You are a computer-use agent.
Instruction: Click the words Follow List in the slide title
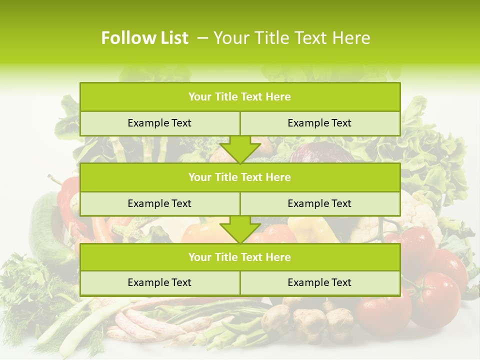[144, 38]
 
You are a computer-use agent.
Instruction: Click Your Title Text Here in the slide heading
[291, 38]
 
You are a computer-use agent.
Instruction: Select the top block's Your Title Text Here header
[239, 97]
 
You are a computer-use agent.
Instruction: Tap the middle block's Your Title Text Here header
[239, 177]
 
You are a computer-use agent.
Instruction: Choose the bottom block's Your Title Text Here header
[239, 257]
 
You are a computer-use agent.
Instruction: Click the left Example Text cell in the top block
[159, 123]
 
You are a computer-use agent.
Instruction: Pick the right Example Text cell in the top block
[319, 123]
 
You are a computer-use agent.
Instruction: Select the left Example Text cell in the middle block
[159, 203]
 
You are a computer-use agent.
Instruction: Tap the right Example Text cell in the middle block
[319, 203]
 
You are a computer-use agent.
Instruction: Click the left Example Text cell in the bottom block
[159, 282]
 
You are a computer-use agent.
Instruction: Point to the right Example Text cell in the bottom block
[319, 282]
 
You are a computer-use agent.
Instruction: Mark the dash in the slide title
[202, 38]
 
